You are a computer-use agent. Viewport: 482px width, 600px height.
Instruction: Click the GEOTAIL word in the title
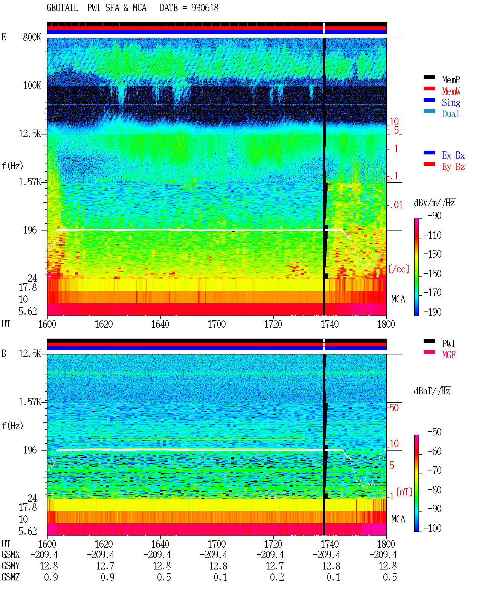pyautogui.click(x=63, y=8)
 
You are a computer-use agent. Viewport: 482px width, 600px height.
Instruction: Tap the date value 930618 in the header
pyautogui.click(x=205, y=8)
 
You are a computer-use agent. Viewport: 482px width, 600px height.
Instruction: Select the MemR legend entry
pyautogui.click(x=451, y=80)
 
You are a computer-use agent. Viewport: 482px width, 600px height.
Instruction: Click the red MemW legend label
pyautogui.click(x=451, y=91)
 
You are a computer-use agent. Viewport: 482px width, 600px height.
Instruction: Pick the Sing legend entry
pyautogui.click(x=451, y=102)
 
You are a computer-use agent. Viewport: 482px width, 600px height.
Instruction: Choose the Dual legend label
pyautogui.click(x=451, y=114)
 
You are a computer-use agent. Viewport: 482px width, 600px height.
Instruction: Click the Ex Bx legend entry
pyautogui.click(x=453, y=155)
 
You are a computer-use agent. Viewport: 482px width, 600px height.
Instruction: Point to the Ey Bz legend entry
pyautogui.click(x=453, y=167)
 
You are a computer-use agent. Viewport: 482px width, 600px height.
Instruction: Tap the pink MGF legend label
pyautogui.click(x=448, y=355)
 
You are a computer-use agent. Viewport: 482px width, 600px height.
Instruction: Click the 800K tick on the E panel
pyautogui.click(x=32, y=37)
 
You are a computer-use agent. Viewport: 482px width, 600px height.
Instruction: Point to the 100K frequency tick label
pyautogui.click(x=32, y=85)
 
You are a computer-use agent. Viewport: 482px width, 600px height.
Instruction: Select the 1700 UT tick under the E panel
pyautogui.click(x=217, y=324)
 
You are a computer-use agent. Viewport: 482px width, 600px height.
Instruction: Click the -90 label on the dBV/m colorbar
pyautogui.click(x=435, y=216)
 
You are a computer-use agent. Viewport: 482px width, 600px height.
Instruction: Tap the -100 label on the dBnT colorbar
pyautogui.click(x=432, y=528)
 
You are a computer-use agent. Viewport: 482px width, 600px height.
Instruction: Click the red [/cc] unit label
pyautogui.click(x=399, y=269)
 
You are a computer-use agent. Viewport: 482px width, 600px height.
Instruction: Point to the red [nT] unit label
pyautogui.click(x=404, y=492)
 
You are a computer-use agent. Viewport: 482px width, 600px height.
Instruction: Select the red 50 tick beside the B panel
pyautogui.click(x=394, y=408)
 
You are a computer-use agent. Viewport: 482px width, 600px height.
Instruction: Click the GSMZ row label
pyautogui.click(x=11, y=577)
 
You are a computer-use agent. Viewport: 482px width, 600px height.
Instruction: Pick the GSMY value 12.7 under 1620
pyautogui.click(x=105, y=566)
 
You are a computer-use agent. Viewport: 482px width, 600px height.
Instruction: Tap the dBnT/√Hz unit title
pyautogui.click(x=432, y=391)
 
